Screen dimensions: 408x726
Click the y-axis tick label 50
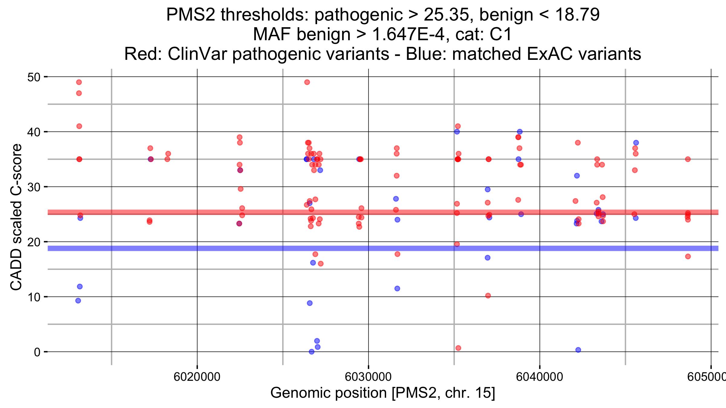34,77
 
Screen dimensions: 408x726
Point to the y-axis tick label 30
34,187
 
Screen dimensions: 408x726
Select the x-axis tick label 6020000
197,377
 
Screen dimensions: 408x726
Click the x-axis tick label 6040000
540,377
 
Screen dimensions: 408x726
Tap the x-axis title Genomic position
383,393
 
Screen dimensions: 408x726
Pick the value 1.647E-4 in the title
409,34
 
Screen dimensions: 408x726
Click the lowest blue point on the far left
78,301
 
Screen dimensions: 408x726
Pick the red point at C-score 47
79,93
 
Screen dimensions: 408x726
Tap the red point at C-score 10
488,296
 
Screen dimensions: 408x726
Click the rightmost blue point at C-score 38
636,143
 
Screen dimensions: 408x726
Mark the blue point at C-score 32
577,176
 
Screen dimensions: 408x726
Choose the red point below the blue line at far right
688,257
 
